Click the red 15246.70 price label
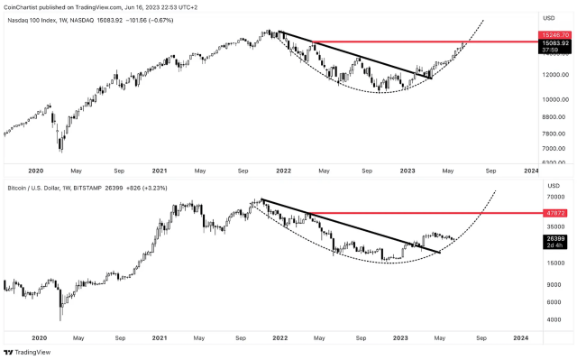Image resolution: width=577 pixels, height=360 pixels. point(553,33)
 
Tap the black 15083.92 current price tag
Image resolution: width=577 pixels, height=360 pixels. point(553,42)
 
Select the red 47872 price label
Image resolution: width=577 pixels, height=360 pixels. point(552,213)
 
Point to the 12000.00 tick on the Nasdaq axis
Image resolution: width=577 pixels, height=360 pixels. point(553,74)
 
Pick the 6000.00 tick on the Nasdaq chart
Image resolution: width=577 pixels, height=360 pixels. point(552,162)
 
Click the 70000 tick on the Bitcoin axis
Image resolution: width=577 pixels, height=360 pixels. point(552,197)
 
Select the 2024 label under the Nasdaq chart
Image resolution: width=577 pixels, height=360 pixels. point(531,170)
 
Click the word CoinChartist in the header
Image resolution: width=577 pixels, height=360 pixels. point(24,5)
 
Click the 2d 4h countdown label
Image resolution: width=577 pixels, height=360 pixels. point(552,245)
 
